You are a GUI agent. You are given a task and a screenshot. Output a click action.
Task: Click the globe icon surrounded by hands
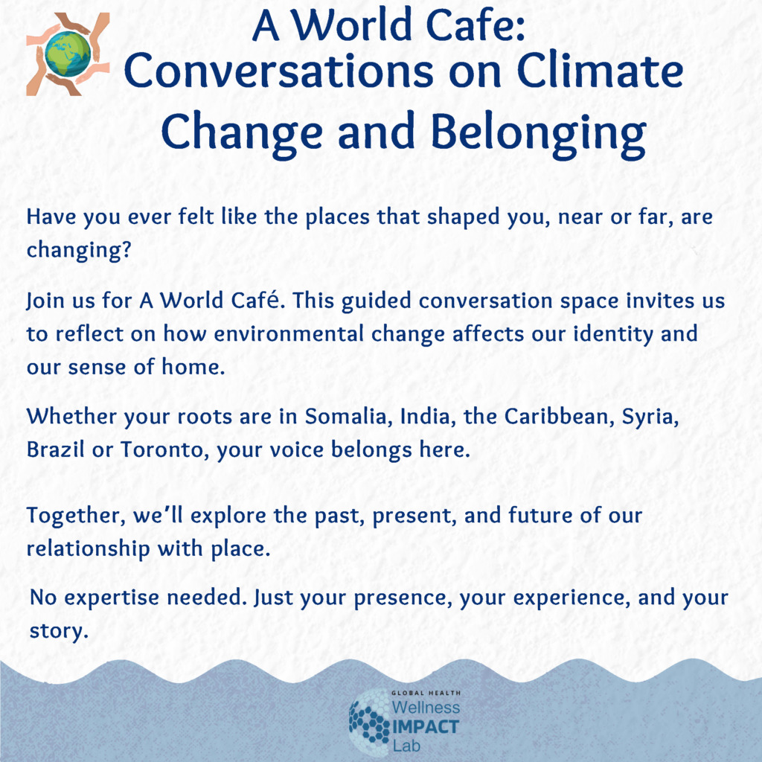68,54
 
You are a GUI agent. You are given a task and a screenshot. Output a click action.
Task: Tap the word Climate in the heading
600,71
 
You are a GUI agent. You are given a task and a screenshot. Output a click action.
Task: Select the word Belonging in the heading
539,132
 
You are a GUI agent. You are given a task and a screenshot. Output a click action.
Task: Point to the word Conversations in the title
278,71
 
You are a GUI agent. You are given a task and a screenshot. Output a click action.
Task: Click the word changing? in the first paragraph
79,250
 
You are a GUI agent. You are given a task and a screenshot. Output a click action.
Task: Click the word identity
613,334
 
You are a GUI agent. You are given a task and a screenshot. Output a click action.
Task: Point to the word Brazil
55,449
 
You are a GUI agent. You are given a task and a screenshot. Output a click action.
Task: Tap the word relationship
89,549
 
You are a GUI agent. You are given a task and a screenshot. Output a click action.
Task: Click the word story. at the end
59,631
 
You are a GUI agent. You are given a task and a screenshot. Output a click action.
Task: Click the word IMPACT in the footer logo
426,728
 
